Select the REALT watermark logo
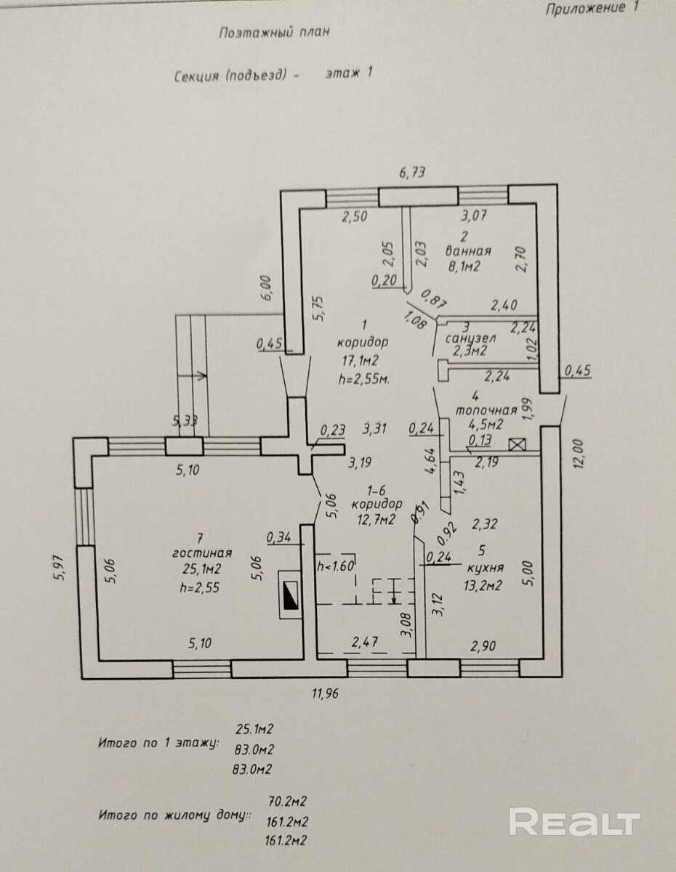[x=574, y=823]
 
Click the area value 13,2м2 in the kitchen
[x=483, y=587]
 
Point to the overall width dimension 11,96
[x=325, y=693]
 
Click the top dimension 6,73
[x=411, y=172]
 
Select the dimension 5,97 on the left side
[x=62, y=562]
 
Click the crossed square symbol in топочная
[x=518, y=446]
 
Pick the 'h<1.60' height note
[x=335, y=564]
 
